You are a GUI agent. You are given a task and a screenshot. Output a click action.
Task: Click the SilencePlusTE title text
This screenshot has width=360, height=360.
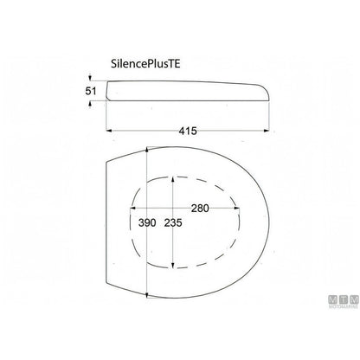(145, 64)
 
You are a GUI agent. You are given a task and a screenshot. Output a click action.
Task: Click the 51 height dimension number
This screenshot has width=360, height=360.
(91, 91)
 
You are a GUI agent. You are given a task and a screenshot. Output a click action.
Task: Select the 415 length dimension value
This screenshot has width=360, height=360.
(188, 131)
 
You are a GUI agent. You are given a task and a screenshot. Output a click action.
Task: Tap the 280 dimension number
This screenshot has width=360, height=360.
(200, 208)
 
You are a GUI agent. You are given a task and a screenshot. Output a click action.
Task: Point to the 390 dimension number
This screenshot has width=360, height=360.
(147, 222)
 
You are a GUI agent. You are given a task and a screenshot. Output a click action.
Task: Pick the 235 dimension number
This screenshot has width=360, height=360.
(173, 222)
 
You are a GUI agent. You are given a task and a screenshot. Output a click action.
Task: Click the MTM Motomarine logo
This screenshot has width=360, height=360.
(344, 302)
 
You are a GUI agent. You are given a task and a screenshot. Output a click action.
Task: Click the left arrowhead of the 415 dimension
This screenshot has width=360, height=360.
(109, 131)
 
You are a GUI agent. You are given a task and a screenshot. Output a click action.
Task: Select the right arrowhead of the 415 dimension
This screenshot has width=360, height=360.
(267, 131)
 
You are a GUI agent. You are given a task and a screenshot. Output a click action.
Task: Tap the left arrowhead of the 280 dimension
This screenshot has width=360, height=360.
(132, 208)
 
